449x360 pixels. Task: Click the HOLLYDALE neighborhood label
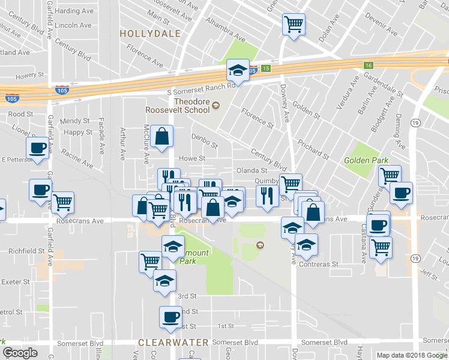click(x=149, y=34)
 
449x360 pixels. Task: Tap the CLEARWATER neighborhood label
click(x=173, y=343)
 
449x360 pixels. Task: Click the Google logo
click(x=20, y=353)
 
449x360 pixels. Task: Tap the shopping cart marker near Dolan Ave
click(x=294, y=25)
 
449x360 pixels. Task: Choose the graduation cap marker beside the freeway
click(x=238, y=71)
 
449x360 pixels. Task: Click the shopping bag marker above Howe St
click(x=162, y=136)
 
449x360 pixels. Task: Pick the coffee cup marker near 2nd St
click(x=170, y=317)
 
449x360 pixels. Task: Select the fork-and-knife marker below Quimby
click(x=267, y=196)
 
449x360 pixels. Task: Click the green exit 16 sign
click(x=368, y=65)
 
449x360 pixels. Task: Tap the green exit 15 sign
click(x=265, y=69)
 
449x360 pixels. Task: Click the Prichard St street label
click(x=313, y=148)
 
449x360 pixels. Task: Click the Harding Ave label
click(x=74, y=11)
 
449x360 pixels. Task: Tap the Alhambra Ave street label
click(x=225, y=30)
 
